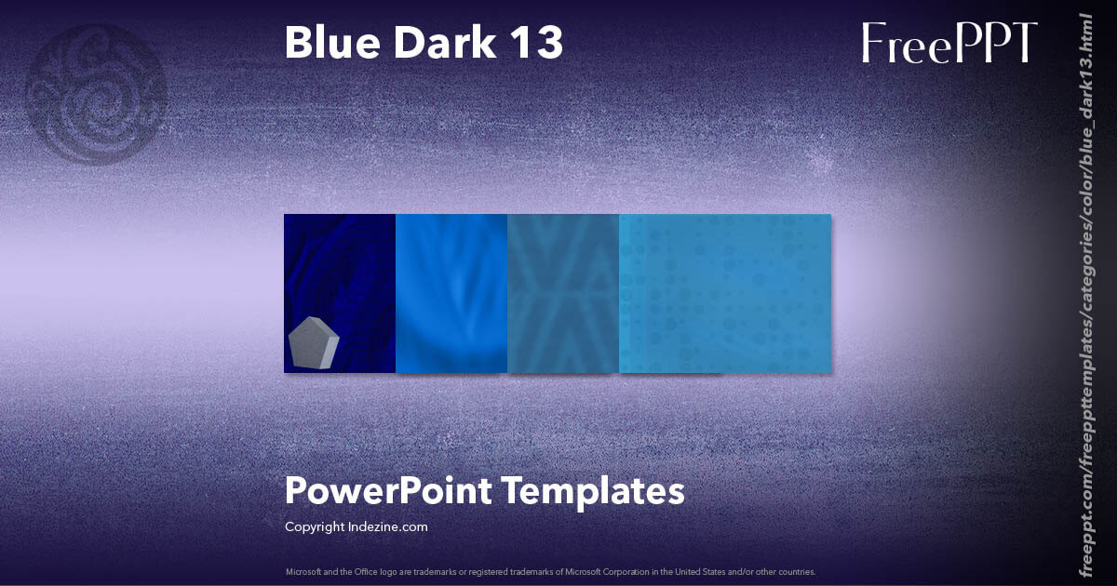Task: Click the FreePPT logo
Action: pos(949,43)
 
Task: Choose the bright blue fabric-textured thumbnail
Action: pos(451,293)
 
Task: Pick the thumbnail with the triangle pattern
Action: pos(563,293)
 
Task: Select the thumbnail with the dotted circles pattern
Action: pos(725,293)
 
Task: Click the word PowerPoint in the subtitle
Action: pos(387,490)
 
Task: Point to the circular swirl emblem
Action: pos(98,94)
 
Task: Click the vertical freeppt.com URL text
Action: pos(1085,293)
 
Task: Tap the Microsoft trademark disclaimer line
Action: pos(550,572)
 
